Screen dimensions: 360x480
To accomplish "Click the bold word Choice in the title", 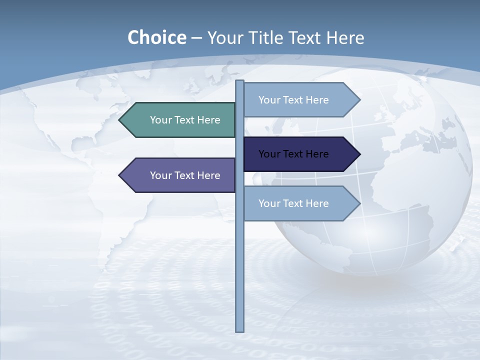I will [x=156, y=37].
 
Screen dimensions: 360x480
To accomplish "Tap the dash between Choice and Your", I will [x=196, y=38].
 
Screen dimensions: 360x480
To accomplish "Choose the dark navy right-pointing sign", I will [x=300, y=154].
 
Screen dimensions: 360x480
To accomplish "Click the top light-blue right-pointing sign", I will [x=300, y=100].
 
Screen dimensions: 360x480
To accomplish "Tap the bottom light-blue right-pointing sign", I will [x=300, y=203].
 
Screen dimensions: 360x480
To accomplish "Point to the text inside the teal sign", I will [x=185, y=120].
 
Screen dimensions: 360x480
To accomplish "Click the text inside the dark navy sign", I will [x=293, y=154].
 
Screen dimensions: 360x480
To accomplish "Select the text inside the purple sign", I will [x=185, y=175].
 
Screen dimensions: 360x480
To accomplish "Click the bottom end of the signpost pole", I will [x=240, y=330].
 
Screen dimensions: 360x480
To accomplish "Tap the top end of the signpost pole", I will [x=240, y=81].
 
